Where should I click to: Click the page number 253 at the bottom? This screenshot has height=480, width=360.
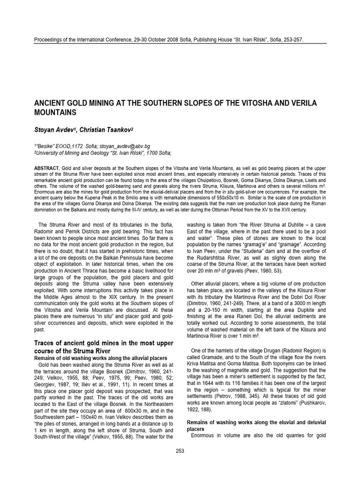180,451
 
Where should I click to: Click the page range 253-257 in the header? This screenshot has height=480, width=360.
291,40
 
